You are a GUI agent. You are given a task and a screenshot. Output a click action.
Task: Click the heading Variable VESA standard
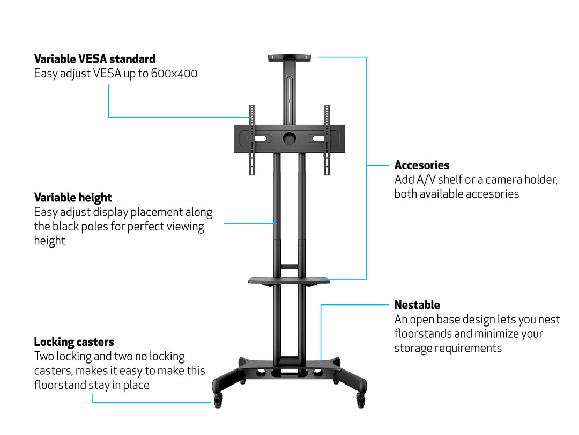[x=94, y=59]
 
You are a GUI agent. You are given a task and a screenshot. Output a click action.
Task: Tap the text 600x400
[x=173, y=73]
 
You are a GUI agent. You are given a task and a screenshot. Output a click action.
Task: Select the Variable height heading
[x=73, y=197]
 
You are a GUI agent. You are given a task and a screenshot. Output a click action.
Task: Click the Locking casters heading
[x=74, y=342]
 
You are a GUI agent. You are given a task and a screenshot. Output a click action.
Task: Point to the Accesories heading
[x=422, y=165]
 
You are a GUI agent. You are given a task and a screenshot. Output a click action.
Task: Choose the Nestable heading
[x=417, y=305]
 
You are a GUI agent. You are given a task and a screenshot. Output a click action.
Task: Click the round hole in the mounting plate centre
[x=289, y=138]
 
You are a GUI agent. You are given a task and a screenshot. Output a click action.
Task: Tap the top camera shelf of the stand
[x=289, y=57]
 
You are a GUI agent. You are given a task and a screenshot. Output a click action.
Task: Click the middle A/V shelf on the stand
[x=289, y=279]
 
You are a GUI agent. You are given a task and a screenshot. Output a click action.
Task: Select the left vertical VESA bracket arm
[x=251, y=140]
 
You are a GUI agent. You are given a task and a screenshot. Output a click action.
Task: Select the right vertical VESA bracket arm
[x=326, y=140]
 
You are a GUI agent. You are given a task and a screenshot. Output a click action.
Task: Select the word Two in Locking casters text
[x=43, y=356]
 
